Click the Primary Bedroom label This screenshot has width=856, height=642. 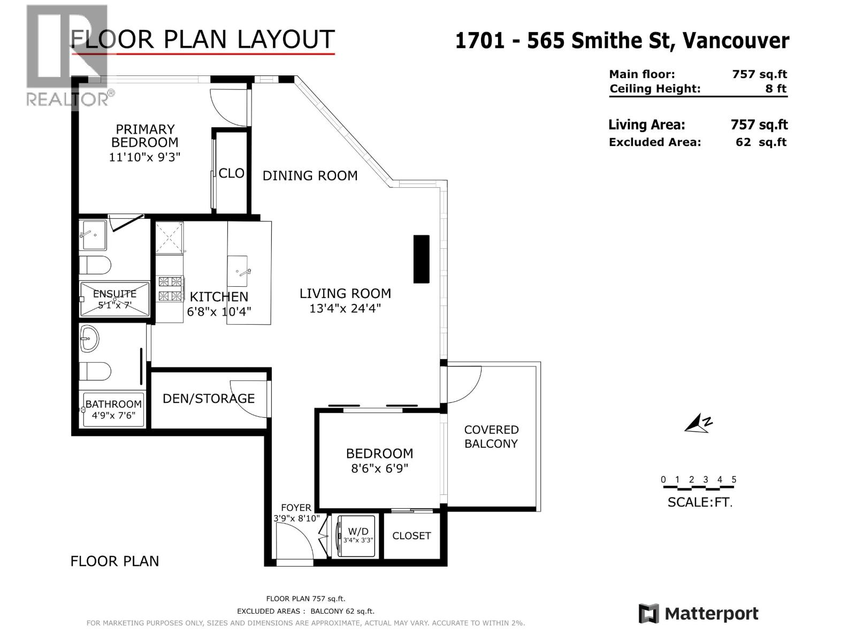click(145, 136)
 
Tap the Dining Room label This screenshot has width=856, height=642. click(310, 176)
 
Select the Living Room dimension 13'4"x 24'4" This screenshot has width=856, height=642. click(345, 308)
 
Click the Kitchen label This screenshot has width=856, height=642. click(219, 296)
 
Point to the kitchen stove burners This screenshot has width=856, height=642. click(171, 288)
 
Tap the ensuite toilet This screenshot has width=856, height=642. click(95, 265)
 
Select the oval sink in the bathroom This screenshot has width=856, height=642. click(89, 338)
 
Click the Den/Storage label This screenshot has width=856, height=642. click(209, 399)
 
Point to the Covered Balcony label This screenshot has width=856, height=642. click(491, 437)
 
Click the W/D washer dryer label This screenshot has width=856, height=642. click(358, 531)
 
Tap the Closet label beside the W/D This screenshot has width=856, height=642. click(411, 536)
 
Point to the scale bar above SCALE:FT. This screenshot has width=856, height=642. click(699, 487)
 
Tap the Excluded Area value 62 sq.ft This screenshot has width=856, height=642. click(761, 142)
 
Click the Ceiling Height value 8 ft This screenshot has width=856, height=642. click(776, 88)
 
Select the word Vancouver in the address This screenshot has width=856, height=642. click(736, 41)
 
